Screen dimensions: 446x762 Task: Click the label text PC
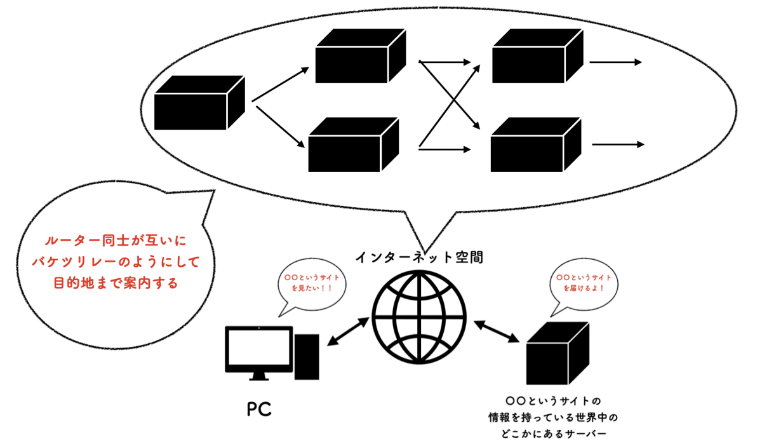click(259, 409)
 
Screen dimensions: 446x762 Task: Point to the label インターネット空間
click(418, 258)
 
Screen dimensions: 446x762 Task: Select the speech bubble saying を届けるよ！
click(584, 283)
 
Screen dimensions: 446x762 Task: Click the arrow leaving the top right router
click(616, 62)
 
